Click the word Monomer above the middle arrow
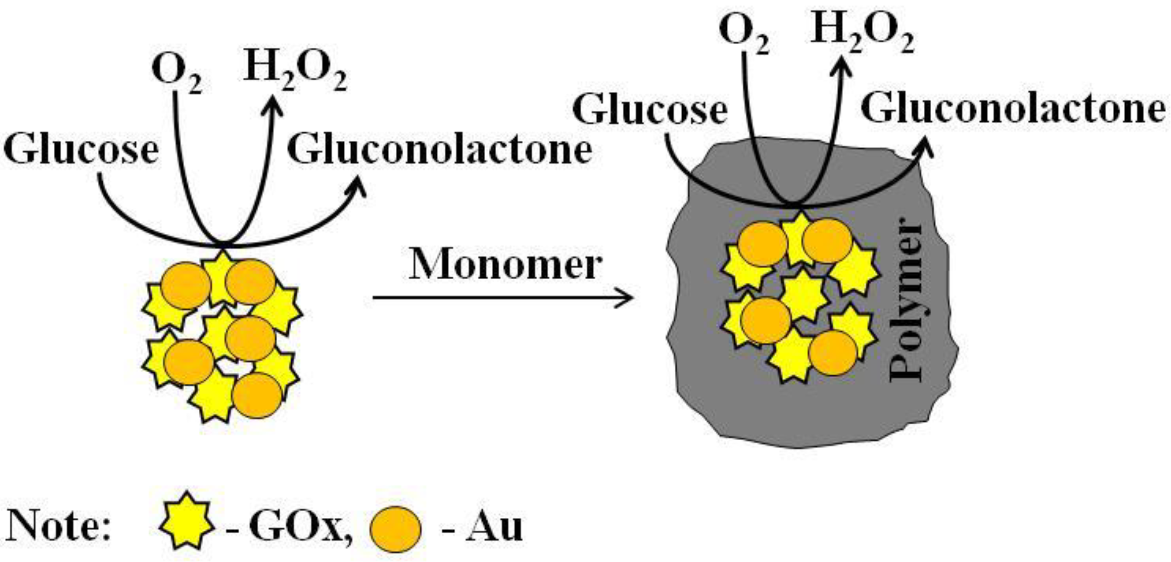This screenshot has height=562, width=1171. pyautogui.click(x=505, y=266)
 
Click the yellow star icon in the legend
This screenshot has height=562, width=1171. pyautogui.click(x=187, y=527)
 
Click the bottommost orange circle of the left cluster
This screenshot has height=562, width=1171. pyautogui.click(x=257, y=395)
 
